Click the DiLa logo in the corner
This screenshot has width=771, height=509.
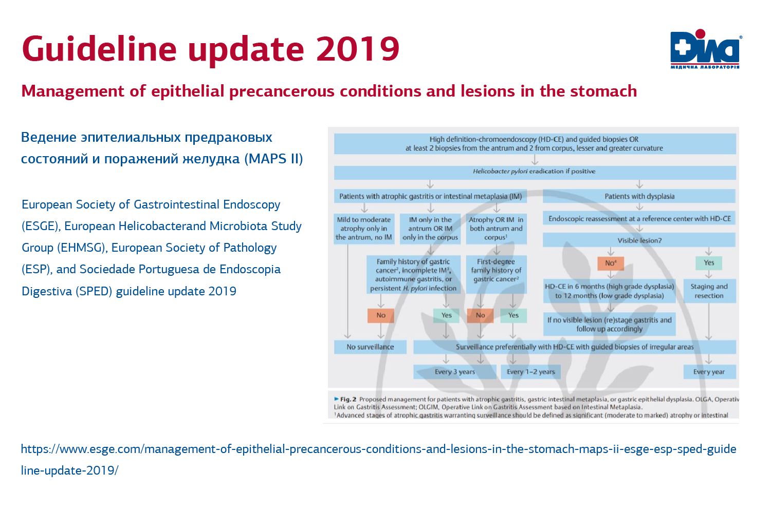click(705, 49)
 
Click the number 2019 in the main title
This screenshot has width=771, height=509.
click(357, 49)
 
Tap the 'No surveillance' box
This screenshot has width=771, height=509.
click(370, 347)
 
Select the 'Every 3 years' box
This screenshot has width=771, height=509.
click(455, 372)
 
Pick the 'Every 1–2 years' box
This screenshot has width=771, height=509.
click(530, 372)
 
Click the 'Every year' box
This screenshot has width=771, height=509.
click(709, 372)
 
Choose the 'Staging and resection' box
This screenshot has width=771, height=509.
click(709, 291)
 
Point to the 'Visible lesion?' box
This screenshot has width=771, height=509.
click(639, 240)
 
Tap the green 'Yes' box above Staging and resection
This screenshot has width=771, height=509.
click(709, 263)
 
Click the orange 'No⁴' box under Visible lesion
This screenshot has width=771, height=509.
click(611, 263)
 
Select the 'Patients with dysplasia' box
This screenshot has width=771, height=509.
click(639, 196)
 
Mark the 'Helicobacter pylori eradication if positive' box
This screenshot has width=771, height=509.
click(534, 172)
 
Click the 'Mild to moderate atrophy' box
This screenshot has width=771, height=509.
click(364, 229)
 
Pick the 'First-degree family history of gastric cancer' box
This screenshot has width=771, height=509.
click(496, 270)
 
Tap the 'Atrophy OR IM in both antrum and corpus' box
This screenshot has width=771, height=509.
click(496, 229)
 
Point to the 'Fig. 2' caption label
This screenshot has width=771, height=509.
click(348, 399)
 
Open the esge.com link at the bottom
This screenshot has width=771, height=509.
click(378, 449)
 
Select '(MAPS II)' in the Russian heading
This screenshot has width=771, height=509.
click(273, 159)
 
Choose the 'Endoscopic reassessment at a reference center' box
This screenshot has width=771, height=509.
click(639, 219)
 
